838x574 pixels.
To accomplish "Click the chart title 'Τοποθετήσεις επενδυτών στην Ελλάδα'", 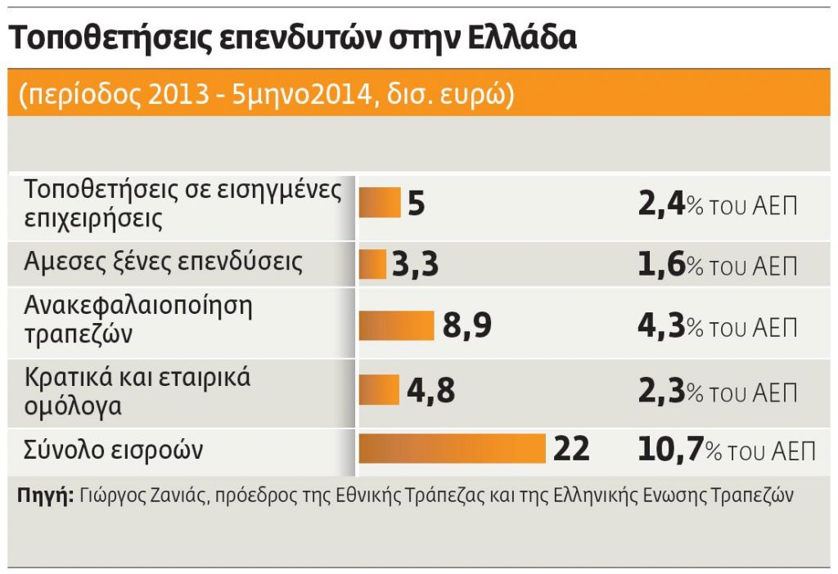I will pyautogui.click(x=292, y=38).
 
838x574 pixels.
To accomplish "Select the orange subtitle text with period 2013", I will pyautogui.click(x=266, y=93).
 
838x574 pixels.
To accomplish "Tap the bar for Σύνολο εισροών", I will pyautogui.click(x=452, y=449).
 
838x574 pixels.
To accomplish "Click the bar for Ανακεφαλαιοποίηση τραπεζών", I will pyautogui.click(x=397, y=325).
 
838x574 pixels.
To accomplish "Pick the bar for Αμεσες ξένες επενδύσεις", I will pyautogui.click(x=372, y=264).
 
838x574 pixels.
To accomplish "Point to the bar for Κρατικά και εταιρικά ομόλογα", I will pyautogui.click(x=379, y=389).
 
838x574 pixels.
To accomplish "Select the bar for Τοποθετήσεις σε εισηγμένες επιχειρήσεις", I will pyautogui.click(x=380, y=203).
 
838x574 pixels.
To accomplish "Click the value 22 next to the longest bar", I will pyautogui.click(x=571, y=449).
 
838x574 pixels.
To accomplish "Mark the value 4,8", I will pyautogui.click(x=430, y=390).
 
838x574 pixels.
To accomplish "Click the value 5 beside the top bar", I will pyautogui.click(x=416, y=204).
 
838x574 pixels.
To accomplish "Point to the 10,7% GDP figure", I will pyautogui.click(x=725, y=450).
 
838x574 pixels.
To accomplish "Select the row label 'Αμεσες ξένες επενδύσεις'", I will pyautogui.click(x=164, y=262).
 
